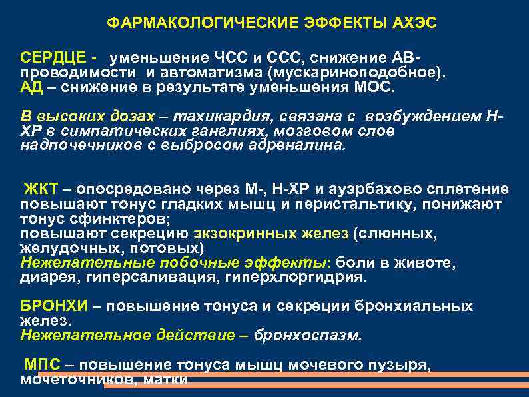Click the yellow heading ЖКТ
point(39,189)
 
